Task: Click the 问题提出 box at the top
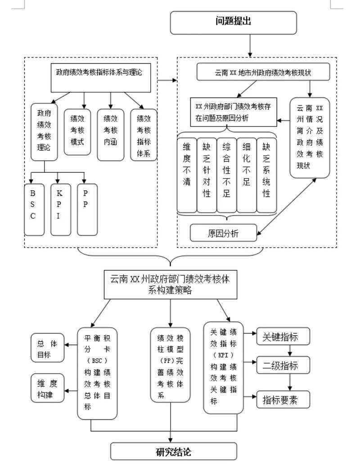233,22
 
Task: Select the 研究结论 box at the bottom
173,451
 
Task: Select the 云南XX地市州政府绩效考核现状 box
263,72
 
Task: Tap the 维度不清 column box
186,175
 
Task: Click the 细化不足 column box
246,175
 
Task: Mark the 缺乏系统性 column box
266,175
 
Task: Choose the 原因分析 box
223,233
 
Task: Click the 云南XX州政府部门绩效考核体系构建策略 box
170,284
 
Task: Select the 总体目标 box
47,348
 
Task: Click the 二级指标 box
283,365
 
